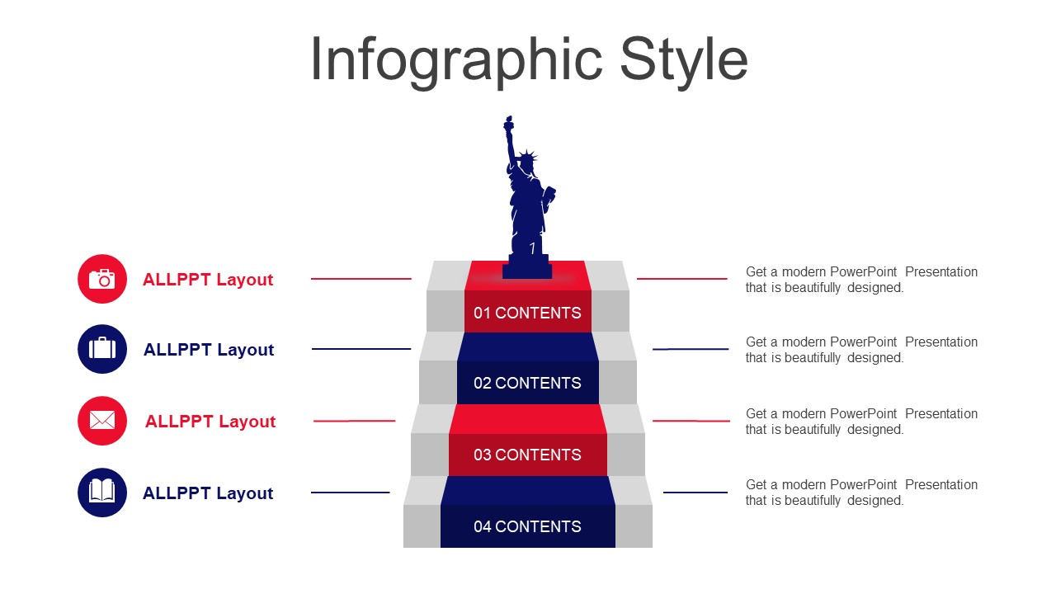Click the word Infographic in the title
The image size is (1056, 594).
click(x=456, y=61)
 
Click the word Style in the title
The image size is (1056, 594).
click(x=684, y=61)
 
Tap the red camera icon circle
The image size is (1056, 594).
click(x=102, y=279)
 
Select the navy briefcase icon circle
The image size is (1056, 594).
click(x=102, y=349)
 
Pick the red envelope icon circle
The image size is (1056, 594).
click(x=102, y=421)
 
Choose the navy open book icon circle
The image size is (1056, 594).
click(x=102, y=493)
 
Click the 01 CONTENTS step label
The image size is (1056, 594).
click(x=527, y=313)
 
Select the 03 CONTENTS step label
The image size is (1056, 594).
click(x=527, y=455)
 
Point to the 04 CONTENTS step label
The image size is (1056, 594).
click(x=527, y=526)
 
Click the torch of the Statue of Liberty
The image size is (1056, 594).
click(x=508, y=124)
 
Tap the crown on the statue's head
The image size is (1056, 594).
click(x=527, y=156)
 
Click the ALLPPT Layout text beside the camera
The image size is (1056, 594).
click(x=208, y=280)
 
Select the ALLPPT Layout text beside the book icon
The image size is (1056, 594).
click(x=208, y=493)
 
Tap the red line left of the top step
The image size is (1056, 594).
click(x=361, y=279)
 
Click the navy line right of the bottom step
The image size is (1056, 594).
click(x=695, y=493)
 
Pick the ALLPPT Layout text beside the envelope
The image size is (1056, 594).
click(x=210, y=422)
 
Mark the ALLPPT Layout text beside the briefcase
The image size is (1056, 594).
click(x=209, y=350)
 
